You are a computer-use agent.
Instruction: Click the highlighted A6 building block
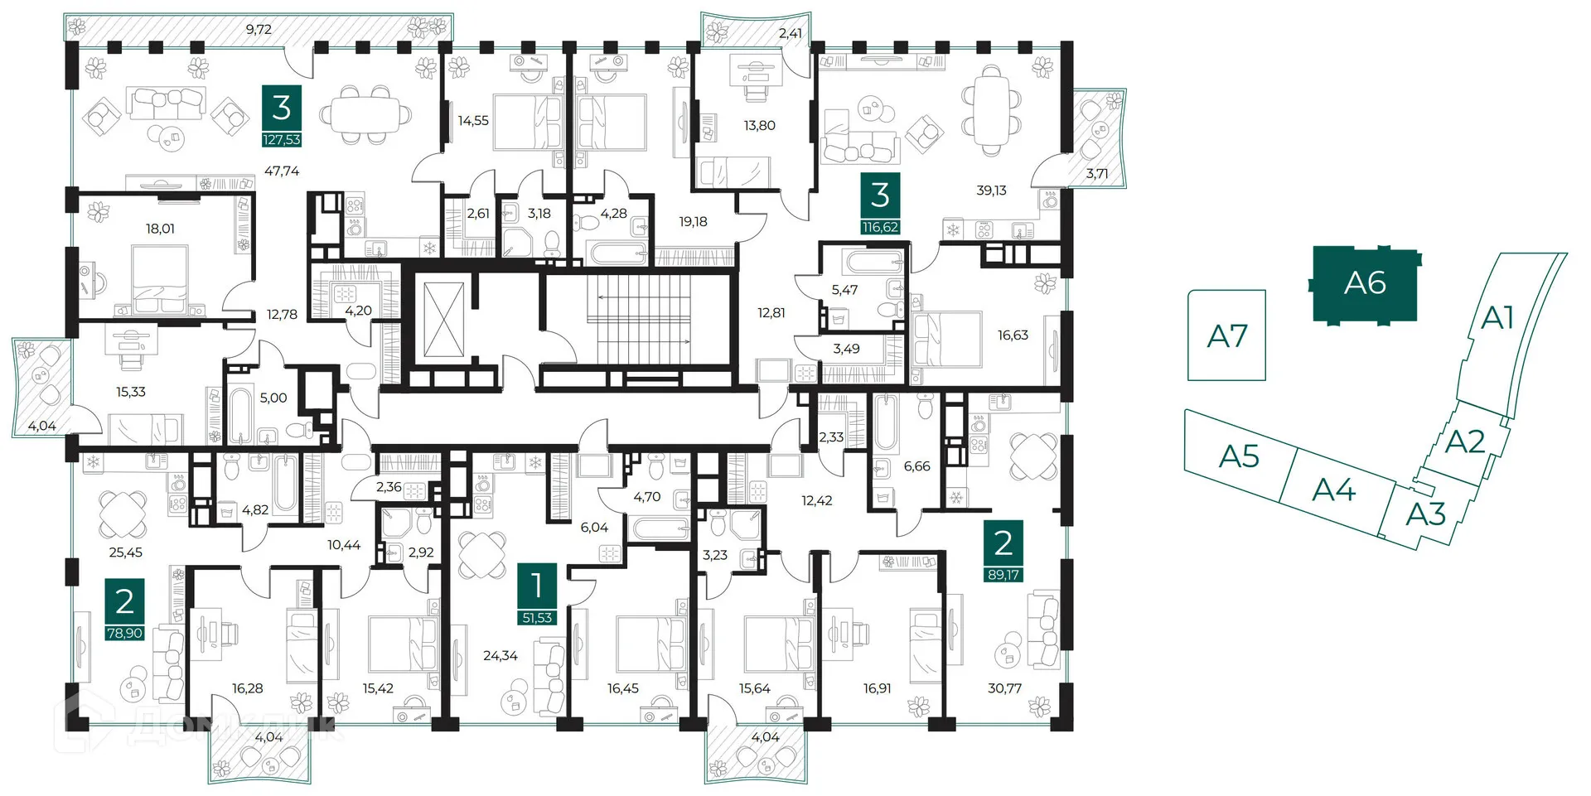(1365, 283)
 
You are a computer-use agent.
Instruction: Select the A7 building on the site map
(1226, 335)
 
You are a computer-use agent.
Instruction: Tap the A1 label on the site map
(1497, 317)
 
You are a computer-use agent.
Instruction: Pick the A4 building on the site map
(1333, 490)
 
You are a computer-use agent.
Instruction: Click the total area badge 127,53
(282, 140)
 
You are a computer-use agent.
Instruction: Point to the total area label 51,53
(537, 618)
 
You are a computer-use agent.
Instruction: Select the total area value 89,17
(1003, 575)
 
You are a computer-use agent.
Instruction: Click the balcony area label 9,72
(259, 29)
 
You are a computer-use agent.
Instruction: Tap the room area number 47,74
(282, 171)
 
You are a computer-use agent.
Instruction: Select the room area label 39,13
(991, 191)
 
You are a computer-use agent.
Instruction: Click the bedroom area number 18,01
(160, 229)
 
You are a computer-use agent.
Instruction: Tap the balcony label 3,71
(1096, 174)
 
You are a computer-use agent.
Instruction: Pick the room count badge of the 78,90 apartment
(124, 601)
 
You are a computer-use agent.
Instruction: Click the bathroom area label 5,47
(844, 290)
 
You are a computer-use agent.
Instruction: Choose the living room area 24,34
(501, 656)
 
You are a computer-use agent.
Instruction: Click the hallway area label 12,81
(771, 313)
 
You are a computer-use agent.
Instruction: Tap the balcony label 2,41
(790, 34)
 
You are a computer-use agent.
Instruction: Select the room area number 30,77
(1004, 688)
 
